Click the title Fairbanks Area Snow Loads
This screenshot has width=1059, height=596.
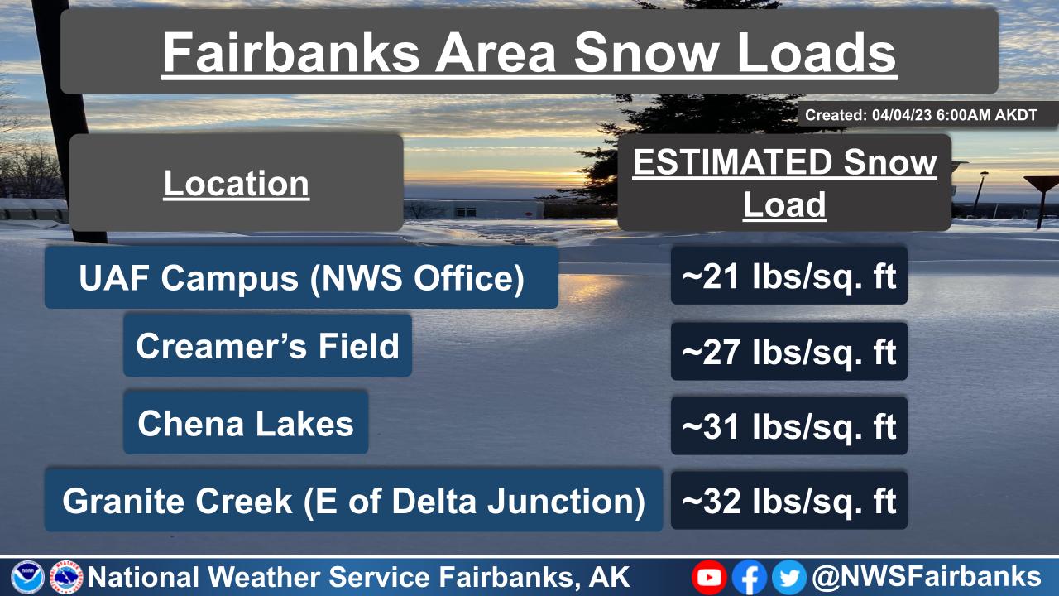(529, 52)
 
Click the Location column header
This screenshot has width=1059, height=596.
(237, 183)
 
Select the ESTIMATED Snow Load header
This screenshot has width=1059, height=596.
(784, 183)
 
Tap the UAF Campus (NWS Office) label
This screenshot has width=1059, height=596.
(301, 278)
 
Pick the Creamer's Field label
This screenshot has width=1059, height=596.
(267, 345)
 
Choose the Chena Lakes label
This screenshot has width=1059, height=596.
(246, 423)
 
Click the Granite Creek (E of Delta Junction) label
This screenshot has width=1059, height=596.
(353, 500)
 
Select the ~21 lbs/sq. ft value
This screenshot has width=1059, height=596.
(788, 276)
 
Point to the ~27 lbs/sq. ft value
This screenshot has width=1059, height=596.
(788, 351)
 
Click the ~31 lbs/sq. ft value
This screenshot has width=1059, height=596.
(788, 426)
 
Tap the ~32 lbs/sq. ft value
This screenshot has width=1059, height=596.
(788, 500)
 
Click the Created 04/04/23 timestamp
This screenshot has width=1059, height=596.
(921, 115)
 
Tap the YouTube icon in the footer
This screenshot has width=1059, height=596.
(709, 577)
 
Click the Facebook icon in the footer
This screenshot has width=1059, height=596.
(750, 577)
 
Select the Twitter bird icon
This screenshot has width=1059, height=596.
(788, 577)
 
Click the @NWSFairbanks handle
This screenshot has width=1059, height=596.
(927, 576)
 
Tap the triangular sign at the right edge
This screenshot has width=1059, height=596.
(1041, 185)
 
